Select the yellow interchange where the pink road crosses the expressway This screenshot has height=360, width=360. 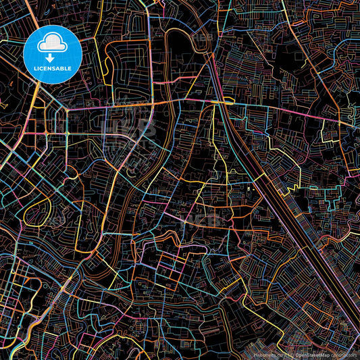pos(222,102)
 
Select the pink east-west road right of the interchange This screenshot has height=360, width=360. pos(284,111)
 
